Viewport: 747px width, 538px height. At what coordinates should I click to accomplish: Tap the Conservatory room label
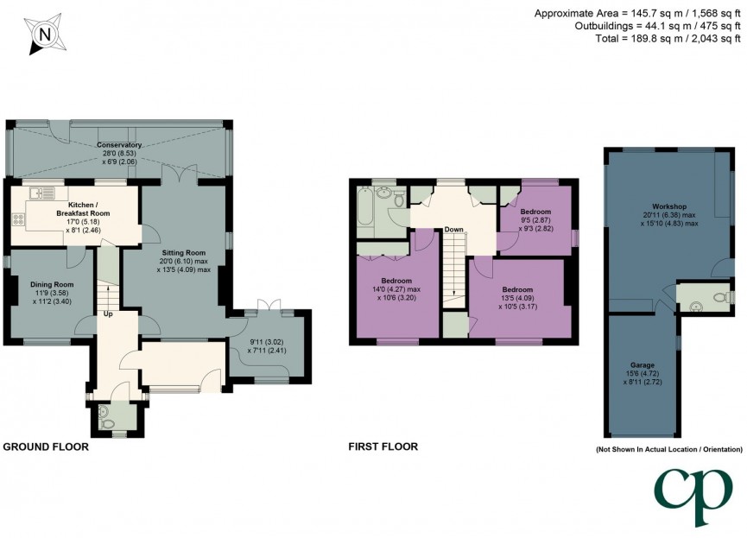(x=119, y=144)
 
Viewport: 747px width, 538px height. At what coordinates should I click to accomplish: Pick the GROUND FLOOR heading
(x=46, y=446)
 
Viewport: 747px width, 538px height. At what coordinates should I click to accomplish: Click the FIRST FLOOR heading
(x=383, y=446)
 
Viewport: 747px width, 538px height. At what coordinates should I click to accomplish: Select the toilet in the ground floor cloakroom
(x=106, y=422)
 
